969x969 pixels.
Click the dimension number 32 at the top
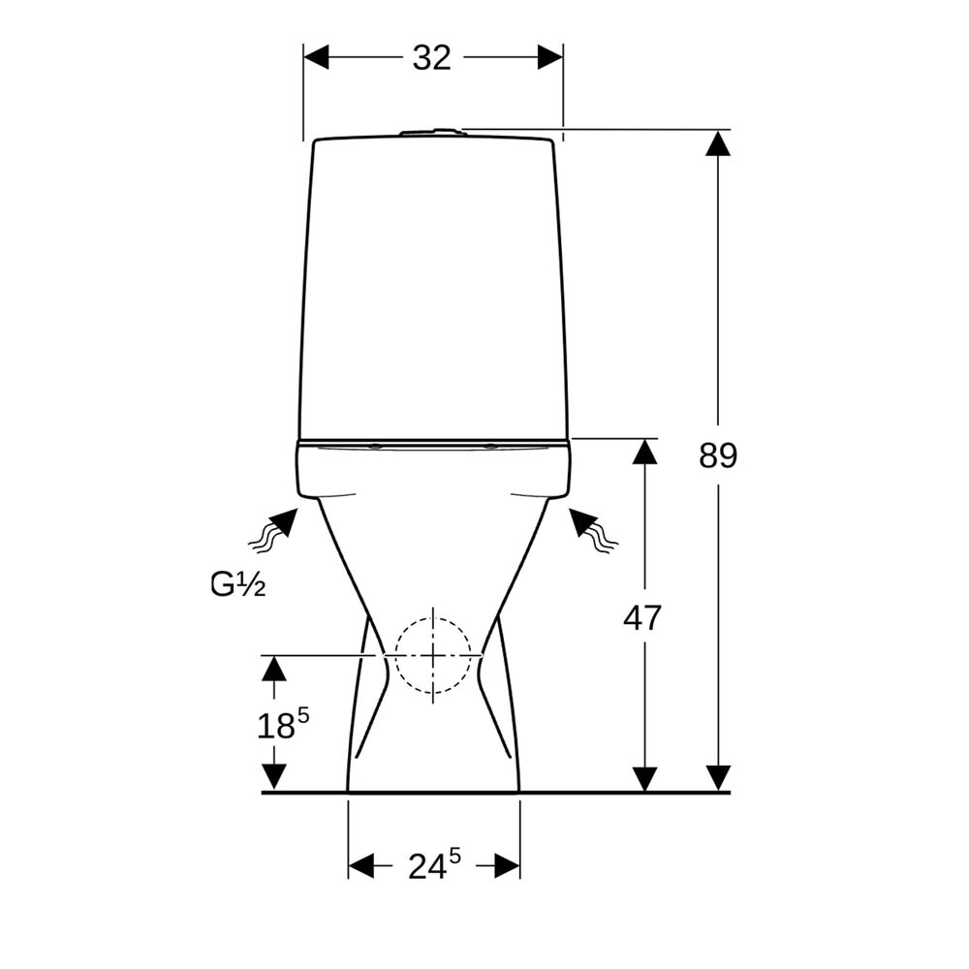click(432, 57)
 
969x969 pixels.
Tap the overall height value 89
click(718, 455)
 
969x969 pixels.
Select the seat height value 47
click(642, 617)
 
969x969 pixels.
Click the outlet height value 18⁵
click(283, 724)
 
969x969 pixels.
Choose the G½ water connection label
click(238, 584)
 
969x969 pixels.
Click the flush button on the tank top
click(432, 132)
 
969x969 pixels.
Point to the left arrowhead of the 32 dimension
click(316, 57)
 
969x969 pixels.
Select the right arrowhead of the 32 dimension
click(550, 57)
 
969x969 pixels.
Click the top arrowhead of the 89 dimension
click(718, 142)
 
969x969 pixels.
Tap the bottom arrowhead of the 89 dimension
click(718, 779)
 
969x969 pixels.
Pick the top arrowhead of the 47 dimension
click(644, 452)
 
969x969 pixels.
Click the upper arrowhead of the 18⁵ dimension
click(274, 669)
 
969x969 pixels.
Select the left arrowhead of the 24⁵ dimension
click(361, 865)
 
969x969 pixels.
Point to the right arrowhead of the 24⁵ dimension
click(507, 865)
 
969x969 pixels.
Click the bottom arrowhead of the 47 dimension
click(644, 779)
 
